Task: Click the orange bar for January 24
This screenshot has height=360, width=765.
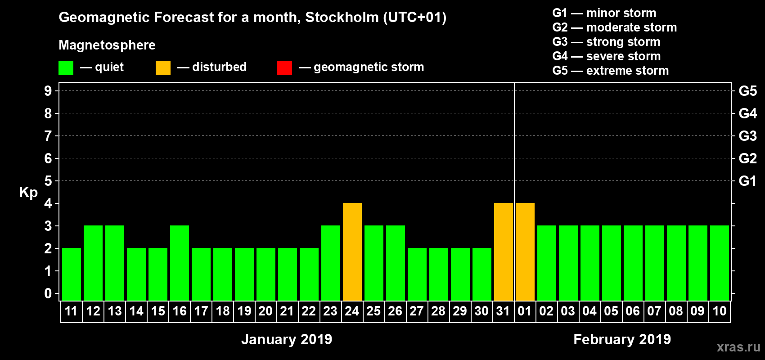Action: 352,252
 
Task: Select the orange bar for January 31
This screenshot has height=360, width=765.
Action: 503,252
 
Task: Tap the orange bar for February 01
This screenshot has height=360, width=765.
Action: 525,252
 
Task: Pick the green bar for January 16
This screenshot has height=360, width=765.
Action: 180,263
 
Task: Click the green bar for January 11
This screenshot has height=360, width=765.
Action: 72,274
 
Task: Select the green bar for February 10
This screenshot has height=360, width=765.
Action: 719,263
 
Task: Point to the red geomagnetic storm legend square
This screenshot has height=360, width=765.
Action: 284,68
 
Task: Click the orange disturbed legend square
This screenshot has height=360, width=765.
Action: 163,68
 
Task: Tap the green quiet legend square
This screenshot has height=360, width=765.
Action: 66,68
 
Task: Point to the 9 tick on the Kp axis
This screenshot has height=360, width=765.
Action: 48,91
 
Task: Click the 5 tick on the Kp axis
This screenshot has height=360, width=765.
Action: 48,181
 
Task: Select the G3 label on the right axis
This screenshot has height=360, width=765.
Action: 747,136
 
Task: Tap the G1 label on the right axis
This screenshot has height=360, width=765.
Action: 747,181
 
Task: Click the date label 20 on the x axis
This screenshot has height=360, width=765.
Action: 265,311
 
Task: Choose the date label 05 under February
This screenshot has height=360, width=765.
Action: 611,311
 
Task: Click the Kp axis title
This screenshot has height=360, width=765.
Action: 28,193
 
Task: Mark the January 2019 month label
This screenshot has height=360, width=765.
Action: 287,339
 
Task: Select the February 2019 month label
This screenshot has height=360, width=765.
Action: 622,339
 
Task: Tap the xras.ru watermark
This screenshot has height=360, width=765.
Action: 738,347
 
